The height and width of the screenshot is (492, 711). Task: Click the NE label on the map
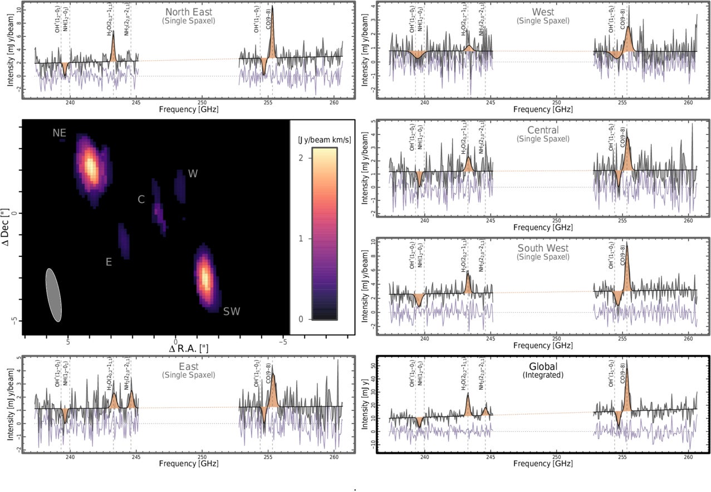(x=60, y=133)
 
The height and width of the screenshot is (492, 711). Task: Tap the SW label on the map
(x=232, y=311)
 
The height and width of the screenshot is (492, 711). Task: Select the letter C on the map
(x=141, y=199)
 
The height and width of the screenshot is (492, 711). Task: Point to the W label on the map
(x=193, y=174)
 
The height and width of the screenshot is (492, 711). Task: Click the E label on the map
(x=109, y=262)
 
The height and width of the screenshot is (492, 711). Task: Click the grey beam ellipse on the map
(x=53, y=295)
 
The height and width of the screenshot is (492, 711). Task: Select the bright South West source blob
(x=205, y=277)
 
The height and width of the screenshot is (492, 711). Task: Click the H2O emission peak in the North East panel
(x=113, y=32)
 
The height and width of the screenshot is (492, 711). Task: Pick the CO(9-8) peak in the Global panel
(x=627, y=362)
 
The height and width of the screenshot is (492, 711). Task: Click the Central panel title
(x=543, y=131)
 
